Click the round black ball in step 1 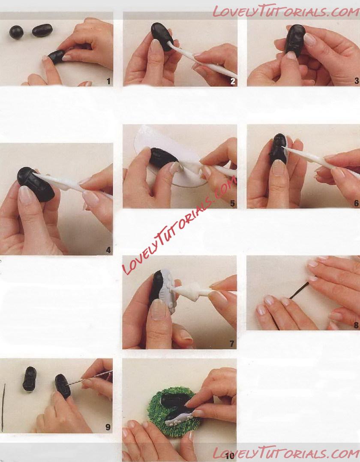click(16, 32)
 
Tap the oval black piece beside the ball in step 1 click(42, 30)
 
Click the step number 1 click(108, 82)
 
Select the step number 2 click(233, 82)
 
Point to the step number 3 click(357, 81)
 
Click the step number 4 click(108, 250)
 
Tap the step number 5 click(233, 204)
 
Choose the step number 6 click(357, 203)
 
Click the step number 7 click(232, 344)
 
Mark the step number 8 click(357, 325)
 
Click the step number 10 click(230, 456)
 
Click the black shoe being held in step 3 click(295, 40)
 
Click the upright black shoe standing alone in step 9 click(30, 379)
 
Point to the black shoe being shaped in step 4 click(35, 184)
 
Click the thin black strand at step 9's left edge click(3, 407)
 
